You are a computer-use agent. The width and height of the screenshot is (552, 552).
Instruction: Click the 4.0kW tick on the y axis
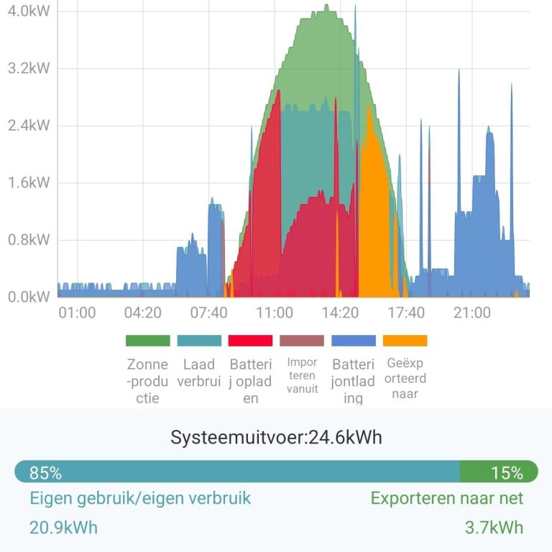pyautogui.click(x=29, y=12)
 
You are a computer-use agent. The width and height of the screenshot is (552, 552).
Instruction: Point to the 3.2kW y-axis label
pyautogui.click(x=29, y=69)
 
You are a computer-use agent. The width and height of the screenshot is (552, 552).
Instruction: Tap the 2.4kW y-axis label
pyautogui.click(x=29, y=126)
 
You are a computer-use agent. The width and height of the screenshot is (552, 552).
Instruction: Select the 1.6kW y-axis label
pyautogui.click(x=29, y=183)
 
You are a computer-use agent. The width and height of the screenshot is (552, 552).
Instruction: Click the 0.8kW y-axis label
pyautogui.click(x=29, y=239)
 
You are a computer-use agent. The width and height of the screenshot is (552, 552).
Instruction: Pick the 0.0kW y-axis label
pyautogui.click(x=29, y=296)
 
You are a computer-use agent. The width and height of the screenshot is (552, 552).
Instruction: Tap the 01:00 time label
pyautogui.click(x=77, y=313)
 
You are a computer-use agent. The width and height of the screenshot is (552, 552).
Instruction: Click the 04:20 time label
pyautogui.click(x=142, y=313)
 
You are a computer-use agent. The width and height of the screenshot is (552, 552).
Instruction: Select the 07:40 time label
pyautogui.click(x=208, y=313)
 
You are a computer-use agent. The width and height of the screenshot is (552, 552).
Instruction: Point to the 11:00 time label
pyautogui.click(x=274, y=313)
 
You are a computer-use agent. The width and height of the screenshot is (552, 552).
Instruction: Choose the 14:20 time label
pyautogui.click(x=340, y=313)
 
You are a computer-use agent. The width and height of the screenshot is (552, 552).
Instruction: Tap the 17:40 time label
pyautogui.click(x=406, y=313)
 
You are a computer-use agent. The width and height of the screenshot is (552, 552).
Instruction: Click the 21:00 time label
pyautogui.click(x=471, y=313)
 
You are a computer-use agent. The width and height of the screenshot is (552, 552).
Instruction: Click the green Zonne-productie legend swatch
pyautogui.click(x=147, y=341)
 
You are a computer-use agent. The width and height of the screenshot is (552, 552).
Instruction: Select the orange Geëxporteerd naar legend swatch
pyautogui.click(x=405, y=341)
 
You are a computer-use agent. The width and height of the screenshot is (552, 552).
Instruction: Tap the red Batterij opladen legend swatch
pyautogui.click(x=250, y=341)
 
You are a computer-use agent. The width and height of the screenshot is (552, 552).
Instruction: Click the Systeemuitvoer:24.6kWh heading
pyautogui.click(x=276, y=437)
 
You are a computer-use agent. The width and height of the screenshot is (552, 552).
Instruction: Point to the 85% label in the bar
pyautogui.click(x=45, y=472)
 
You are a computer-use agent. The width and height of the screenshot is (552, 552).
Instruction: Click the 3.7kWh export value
pyautogui.click(x=494, y=528)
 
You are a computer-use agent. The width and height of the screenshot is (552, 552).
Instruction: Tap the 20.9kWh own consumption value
pyautogui.click(x=63, y=528)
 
